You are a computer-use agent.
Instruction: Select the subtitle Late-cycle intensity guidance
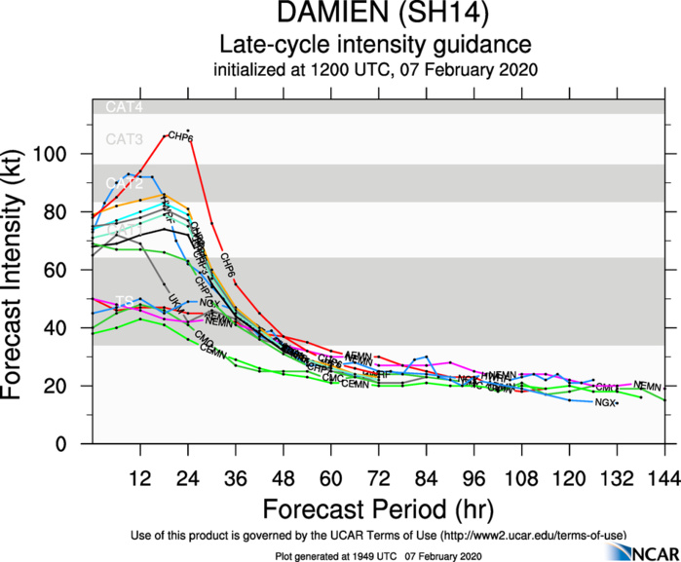coord(375,46)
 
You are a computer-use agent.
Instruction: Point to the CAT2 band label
coord(124,183)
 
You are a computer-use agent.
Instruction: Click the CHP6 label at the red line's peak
coord(181,138)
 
